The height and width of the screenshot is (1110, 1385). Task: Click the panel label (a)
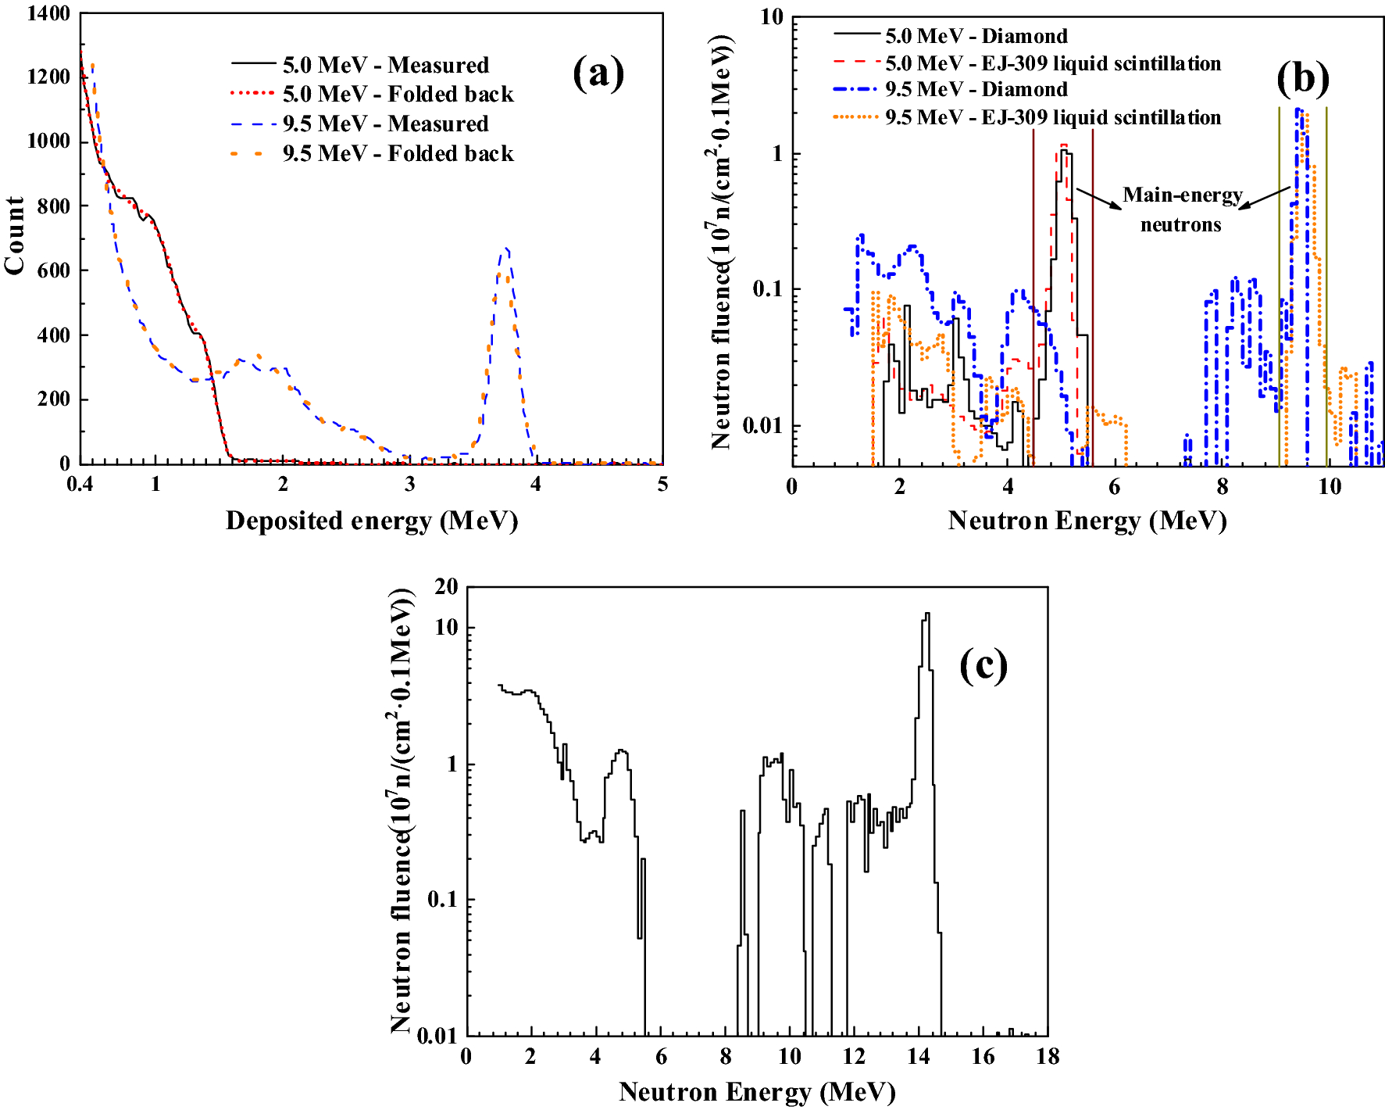pos(598,73)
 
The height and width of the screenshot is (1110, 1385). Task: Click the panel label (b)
pos(1302,78)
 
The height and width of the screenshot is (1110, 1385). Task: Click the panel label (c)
pos(983,666)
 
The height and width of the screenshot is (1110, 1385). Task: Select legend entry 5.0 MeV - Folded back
pos(398,95)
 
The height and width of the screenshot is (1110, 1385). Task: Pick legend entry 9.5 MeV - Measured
pos(385,124)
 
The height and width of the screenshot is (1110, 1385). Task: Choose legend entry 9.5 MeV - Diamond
pos(976,89)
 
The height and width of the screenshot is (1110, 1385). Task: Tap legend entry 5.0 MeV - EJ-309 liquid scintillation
pos(1052,63)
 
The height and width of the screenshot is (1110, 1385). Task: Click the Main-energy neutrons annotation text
pos(1181,209)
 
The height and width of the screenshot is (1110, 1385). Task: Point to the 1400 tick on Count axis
pos(48,13)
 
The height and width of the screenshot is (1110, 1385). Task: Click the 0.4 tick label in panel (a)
pos(80,485)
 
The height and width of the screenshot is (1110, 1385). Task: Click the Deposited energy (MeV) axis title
pos(372,521)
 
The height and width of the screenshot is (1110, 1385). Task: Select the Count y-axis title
pos(15,235)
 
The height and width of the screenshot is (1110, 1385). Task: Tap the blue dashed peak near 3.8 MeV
pos(507,252)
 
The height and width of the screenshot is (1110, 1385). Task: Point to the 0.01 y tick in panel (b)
pos(762,426)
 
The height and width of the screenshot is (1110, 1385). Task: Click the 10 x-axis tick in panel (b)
pos(1329,488)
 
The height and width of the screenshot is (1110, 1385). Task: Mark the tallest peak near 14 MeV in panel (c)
pos(926,616)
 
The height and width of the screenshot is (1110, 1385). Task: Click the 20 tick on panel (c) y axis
pos(446,587)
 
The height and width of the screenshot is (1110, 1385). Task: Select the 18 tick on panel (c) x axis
pos(1047,1057)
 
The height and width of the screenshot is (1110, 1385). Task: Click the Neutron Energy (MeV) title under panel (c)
pos(756,1092)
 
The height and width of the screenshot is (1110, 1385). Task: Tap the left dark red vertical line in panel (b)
pos(1033,297)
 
